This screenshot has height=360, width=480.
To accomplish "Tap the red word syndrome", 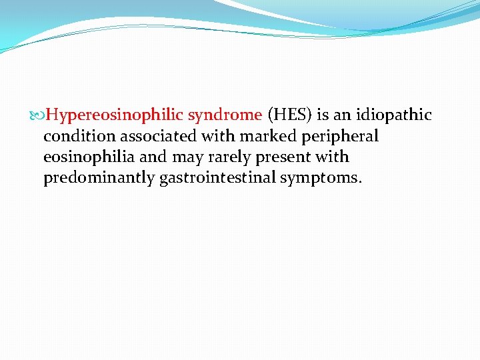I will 225,115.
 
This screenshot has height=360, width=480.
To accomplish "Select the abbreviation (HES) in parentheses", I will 289,115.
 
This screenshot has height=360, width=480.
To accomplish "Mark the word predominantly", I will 99,179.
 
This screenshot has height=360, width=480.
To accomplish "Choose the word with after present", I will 334,158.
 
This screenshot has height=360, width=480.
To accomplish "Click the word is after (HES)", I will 323,115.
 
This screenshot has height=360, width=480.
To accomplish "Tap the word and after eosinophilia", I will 153,158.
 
